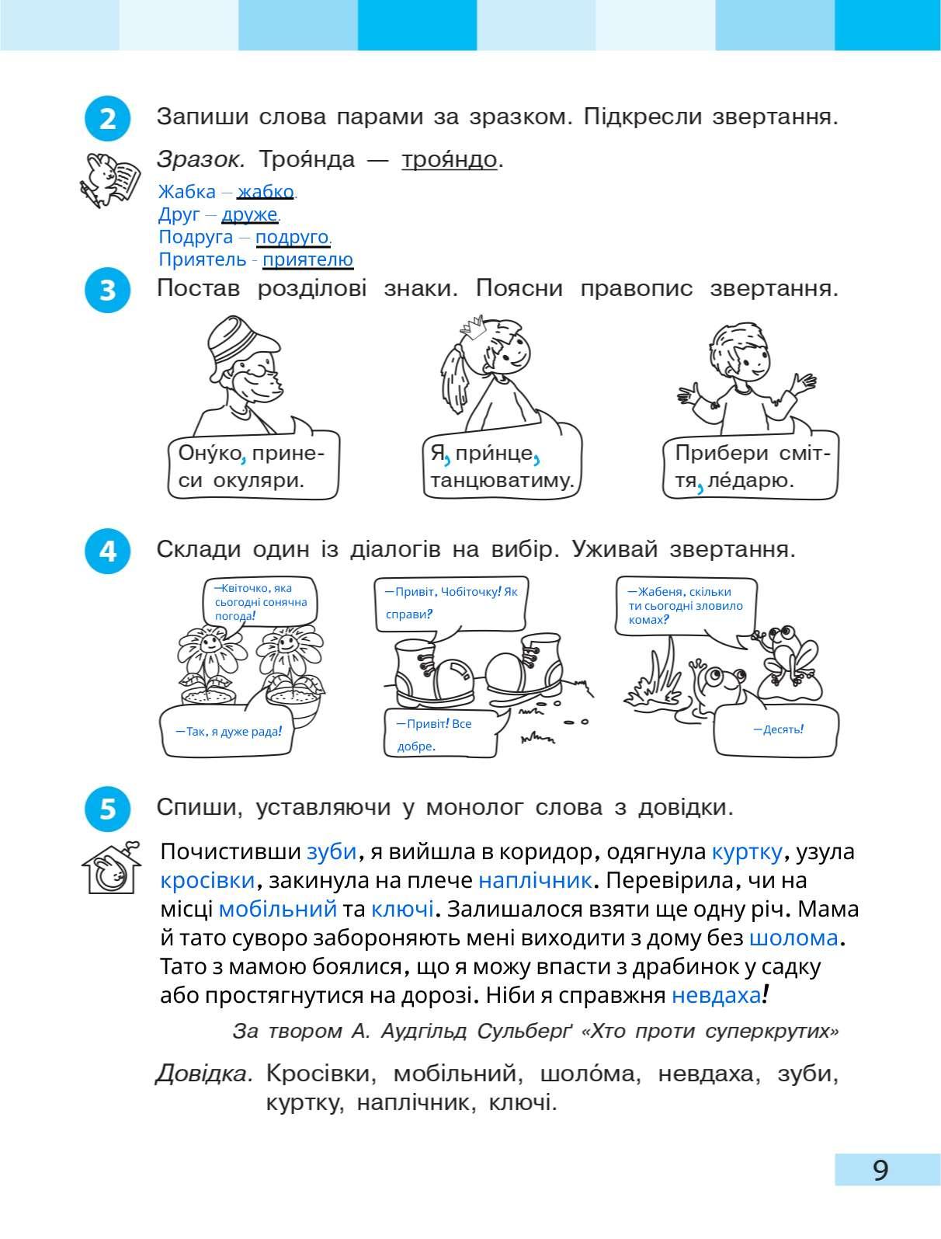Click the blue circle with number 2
click(x=106, y=120)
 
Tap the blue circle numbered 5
click(x=106, y=809)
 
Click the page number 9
click(x=880, y=1169)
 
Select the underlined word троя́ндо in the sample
click(x=449, y=160)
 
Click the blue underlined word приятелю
click(x=307, y=259)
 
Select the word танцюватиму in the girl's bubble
click(x=501, y=480)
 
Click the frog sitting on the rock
click(x=786, y=649)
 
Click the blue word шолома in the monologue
click(x=793, y=938)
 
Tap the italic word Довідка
click(x=203, y=1074)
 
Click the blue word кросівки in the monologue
click(x=207, y=880)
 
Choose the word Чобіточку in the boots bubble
click(x=470, y=592)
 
